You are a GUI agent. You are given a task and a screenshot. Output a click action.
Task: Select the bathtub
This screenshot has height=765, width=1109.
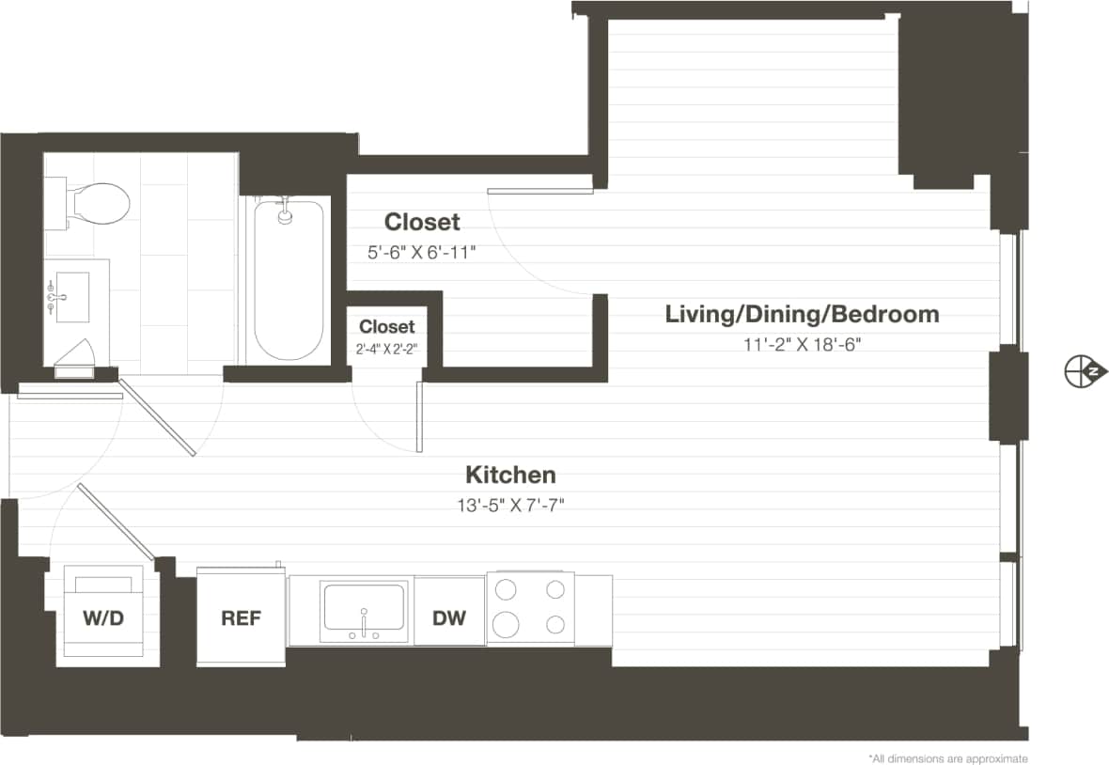click(x=289, y=280)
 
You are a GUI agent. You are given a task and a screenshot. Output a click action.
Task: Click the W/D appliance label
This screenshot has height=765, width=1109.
click(x=103, y=618)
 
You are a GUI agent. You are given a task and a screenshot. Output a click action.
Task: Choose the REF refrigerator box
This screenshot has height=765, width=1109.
click(x=241, y=618)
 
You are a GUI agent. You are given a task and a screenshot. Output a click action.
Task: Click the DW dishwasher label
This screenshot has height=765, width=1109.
click(x=449, y=618)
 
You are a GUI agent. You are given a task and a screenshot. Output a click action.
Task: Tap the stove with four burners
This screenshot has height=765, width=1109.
click(x=531, y=608)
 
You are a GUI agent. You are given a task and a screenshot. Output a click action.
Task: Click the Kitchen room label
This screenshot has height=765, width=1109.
click(x=511, y=475)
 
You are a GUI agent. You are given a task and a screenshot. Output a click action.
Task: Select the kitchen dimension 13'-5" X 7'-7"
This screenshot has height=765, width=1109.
click(x=510, y=506)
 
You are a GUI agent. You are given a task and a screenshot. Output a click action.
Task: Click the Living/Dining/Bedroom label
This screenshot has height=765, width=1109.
click(x=802, y=314)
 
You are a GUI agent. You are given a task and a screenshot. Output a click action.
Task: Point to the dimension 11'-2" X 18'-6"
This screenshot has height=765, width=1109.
click(x=802, y=344)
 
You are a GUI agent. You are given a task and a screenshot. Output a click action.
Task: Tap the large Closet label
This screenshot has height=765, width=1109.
click(x=422, y=222)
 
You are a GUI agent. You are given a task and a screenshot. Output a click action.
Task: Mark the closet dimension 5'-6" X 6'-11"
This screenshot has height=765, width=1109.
click(x=422, y=252)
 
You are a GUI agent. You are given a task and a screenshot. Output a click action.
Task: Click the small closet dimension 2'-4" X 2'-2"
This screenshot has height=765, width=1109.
click(x=386, y=348)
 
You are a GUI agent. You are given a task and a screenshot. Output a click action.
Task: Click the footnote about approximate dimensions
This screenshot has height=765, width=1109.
click(x=948, y=757)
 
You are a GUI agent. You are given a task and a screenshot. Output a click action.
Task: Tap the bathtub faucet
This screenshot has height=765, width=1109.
click(x=285, y=213)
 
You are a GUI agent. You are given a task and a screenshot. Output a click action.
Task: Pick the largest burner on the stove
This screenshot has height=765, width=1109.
click(x=507, y=624)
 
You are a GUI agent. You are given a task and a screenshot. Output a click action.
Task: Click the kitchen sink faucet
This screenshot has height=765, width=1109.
click(x=363, y=628)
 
